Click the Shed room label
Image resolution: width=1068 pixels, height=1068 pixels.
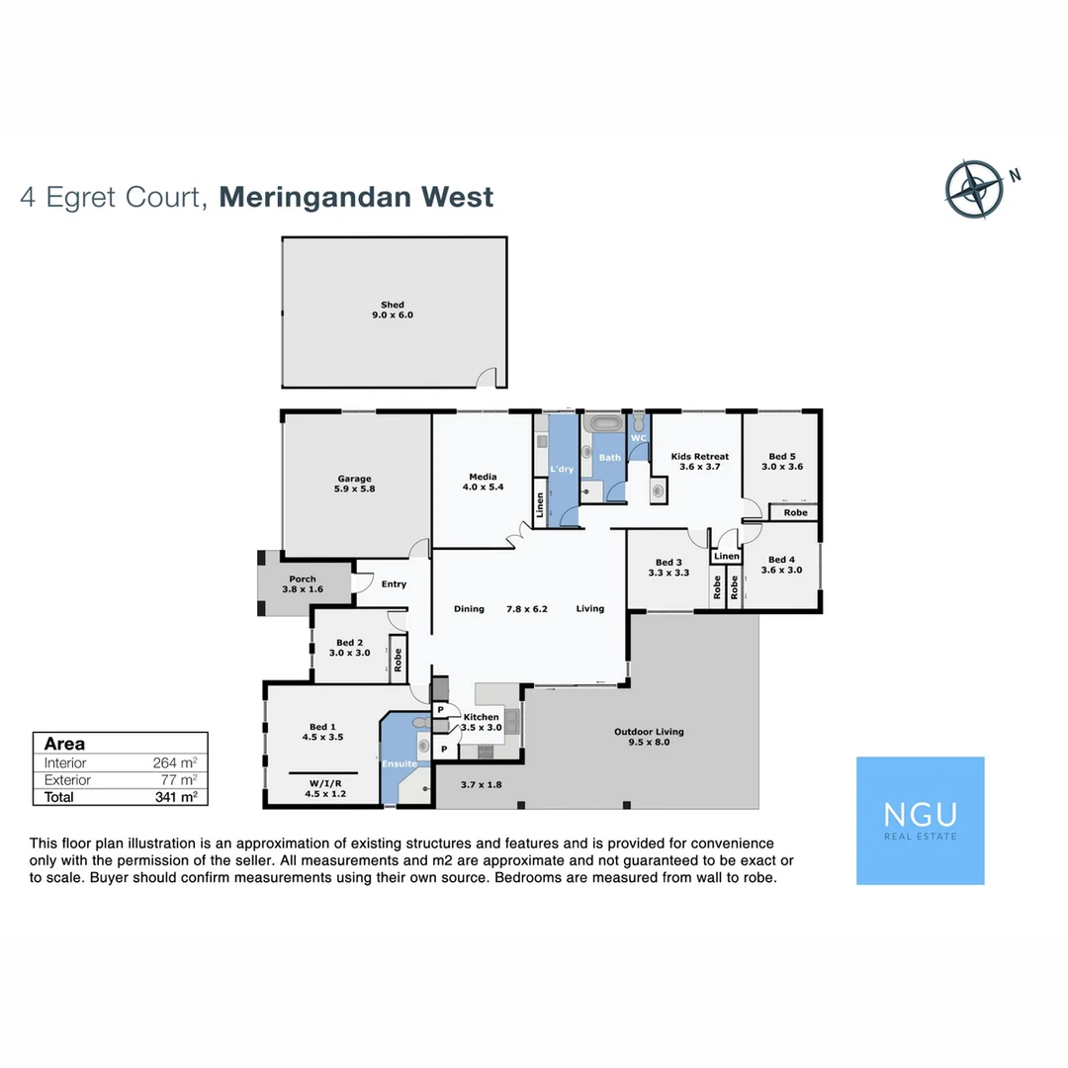(x=393, y=310)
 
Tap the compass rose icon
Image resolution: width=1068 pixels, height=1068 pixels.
(x=975, y=189)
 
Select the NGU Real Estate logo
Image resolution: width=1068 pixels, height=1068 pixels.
(x=920, y=820)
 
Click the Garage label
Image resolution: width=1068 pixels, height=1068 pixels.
(x=354, y=484)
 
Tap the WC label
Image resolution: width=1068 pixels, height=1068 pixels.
(x=639, y=438)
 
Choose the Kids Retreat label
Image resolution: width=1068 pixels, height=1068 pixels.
(x=699, y=461)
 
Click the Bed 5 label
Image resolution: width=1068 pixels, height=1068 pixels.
(x=779, y=461)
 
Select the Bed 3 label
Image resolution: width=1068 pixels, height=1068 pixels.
(x=667, y=567)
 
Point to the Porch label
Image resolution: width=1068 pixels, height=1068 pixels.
(x=303, y=584)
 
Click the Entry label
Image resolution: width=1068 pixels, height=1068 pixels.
(x=394, y=584)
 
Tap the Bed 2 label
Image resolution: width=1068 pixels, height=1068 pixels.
(x=349, y=648)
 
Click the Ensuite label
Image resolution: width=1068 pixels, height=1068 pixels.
(x=400, y=763)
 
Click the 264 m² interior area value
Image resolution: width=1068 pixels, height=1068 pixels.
(x=178, y=762)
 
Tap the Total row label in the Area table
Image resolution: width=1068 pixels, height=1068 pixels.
(x=59, y=796)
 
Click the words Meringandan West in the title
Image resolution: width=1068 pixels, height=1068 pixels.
(x=356, y=197)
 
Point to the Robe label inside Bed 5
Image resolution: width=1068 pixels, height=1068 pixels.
(x=795, y=513)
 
